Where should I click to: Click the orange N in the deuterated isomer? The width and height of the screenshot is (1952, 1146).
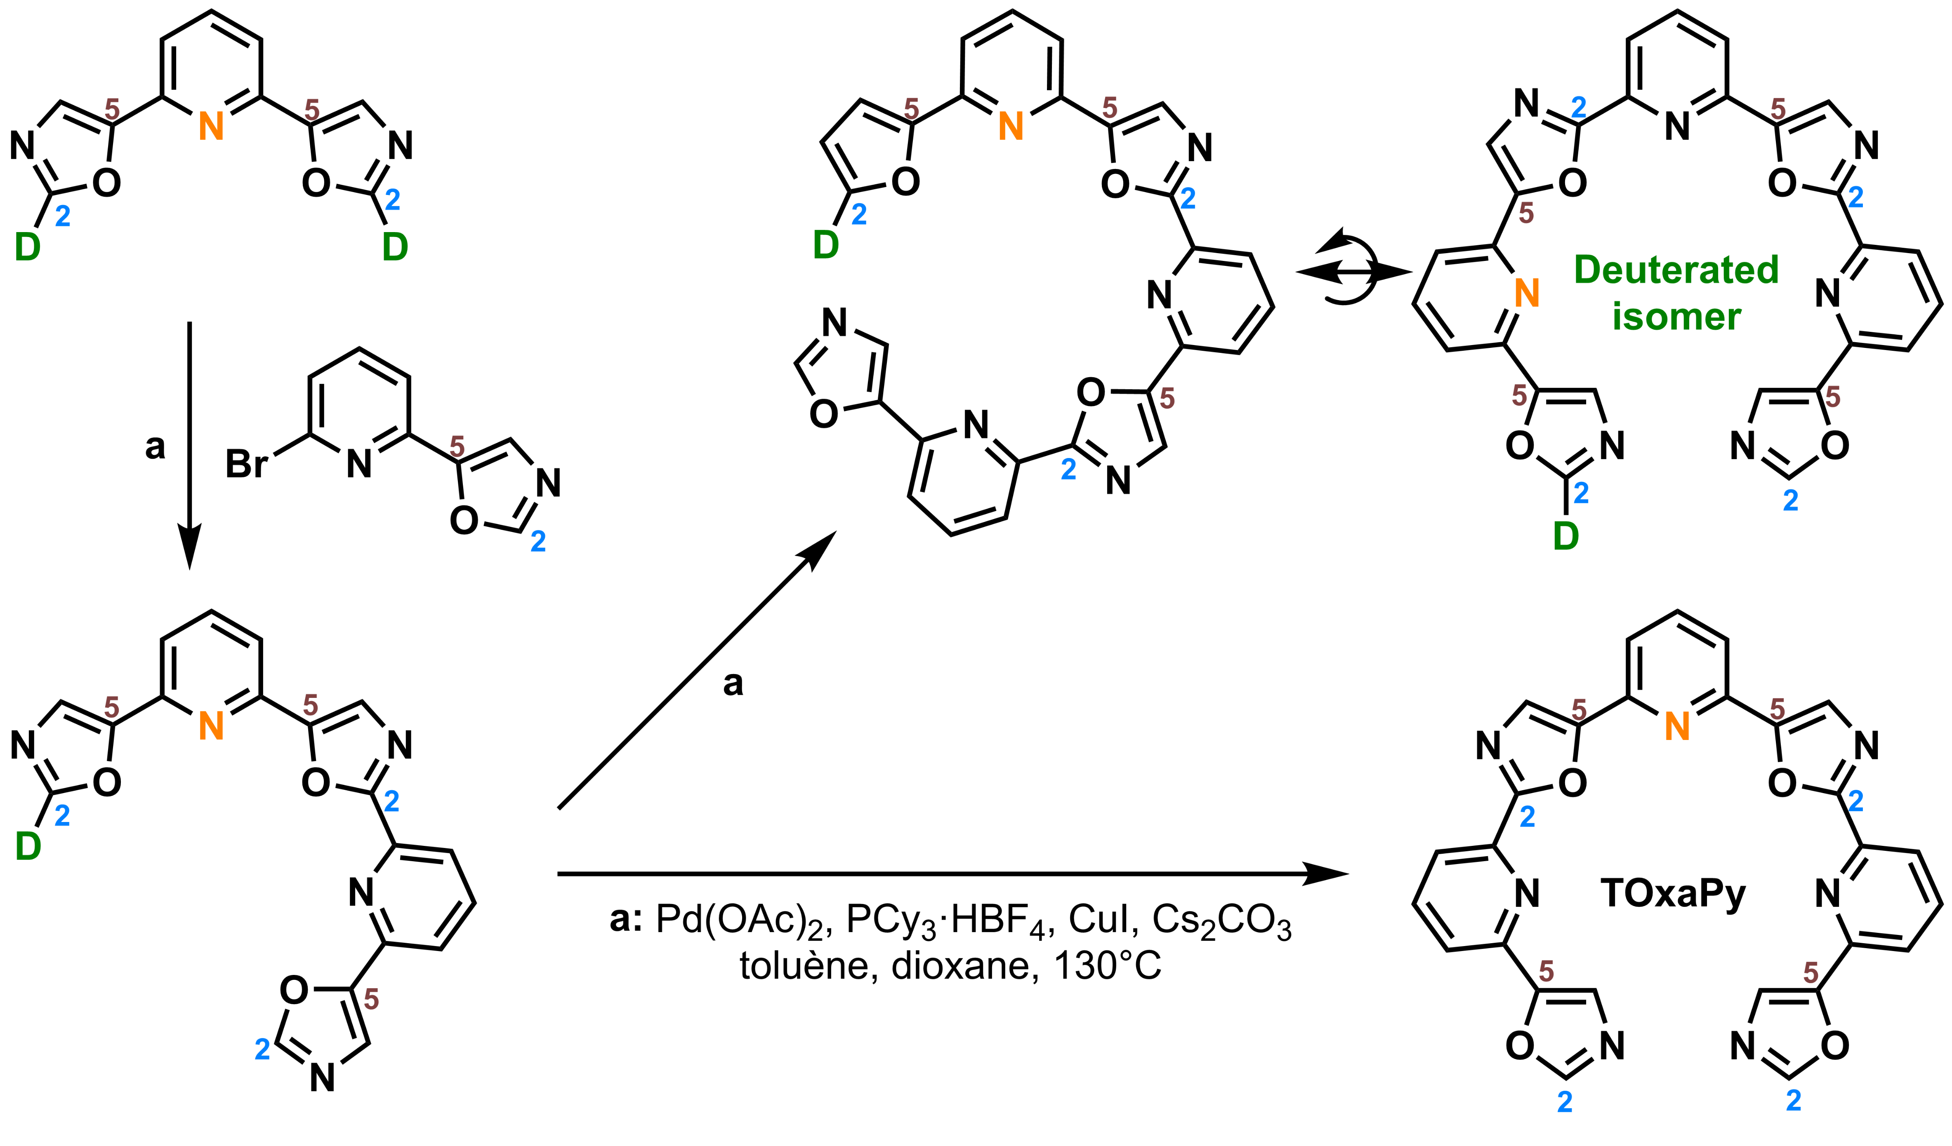click(x=1526, y=293)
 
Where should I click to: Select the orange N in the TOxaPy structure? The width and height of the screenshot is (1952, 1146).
click(x=1677, y=726)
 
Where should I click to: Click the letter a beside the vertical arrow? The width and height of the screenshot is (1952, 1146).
click(x=155, y=447)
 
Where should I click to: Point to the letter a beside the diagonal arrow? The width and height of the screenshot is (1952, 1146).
click(x=733, y=683)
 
